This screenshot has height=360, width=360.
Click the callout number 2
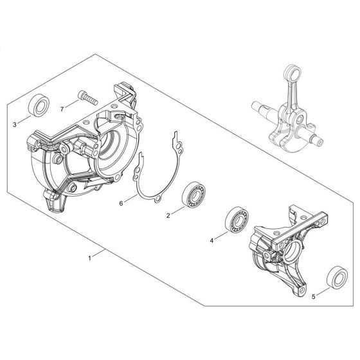click(168, 216)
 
